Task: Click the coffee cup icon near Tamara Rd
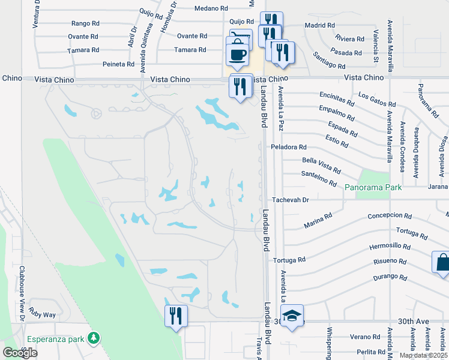(238, 55)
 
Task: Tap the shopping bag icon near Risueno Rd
(442, 263)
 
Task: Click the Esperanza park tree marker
(93, 338)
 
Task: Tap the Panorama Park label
(373, 188)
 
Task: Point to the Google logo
(20, 353)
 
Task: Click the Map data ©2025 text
(423, 355)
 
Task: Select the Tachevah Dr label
(290, 200)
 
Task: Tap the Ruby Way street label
(42, 314)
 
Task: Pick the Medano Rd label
(211, 9)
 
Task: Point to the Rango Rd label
(85, 23)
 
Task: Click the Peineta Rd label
(118, 64)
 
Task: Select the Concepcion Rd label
(390, 216)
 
